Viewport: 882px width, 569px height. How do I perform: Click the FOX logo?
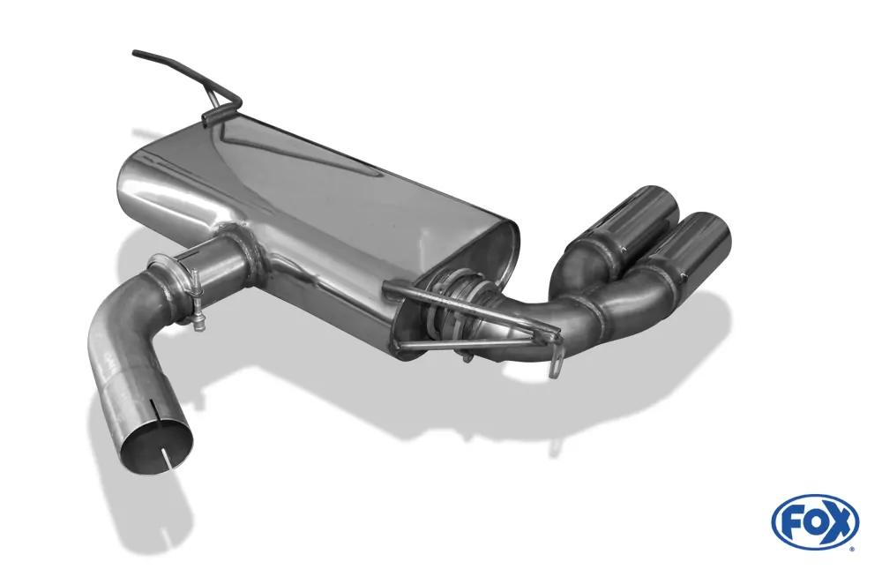click(815, 521)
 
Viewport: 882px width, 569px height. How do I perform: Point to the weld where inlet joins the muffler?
click(246, 250)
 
